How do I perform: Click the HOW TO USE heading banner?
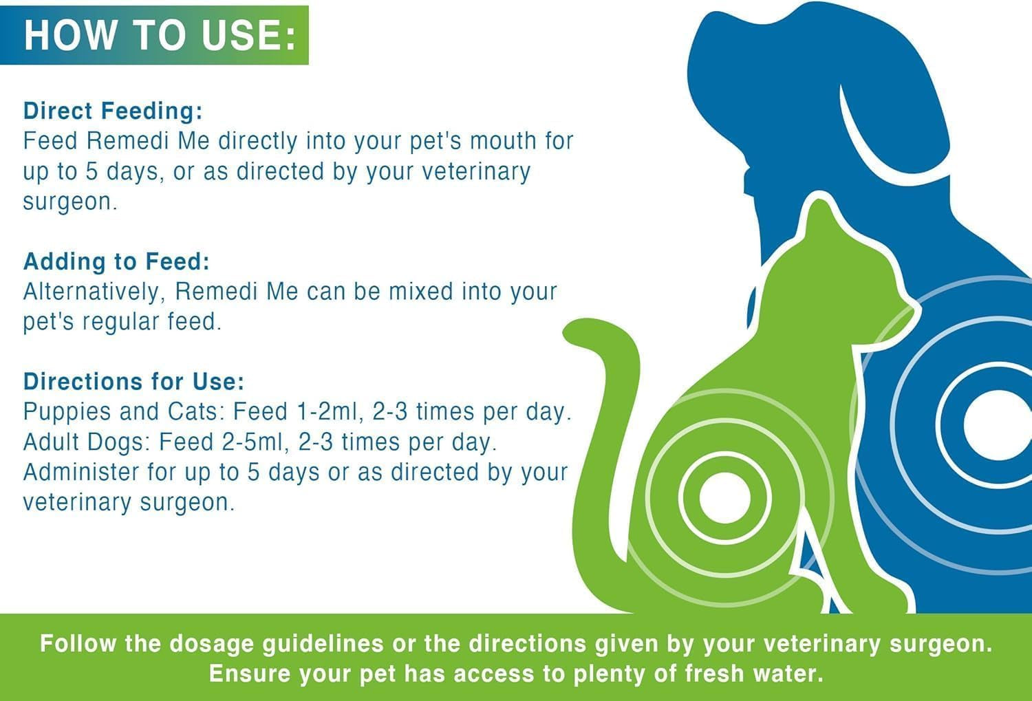(154, 34)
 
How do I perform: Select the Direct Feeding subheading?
(113, 111)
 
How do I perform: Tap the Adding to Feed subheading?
(116, 261)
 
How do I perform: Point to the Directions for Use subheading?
(133, 382)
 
